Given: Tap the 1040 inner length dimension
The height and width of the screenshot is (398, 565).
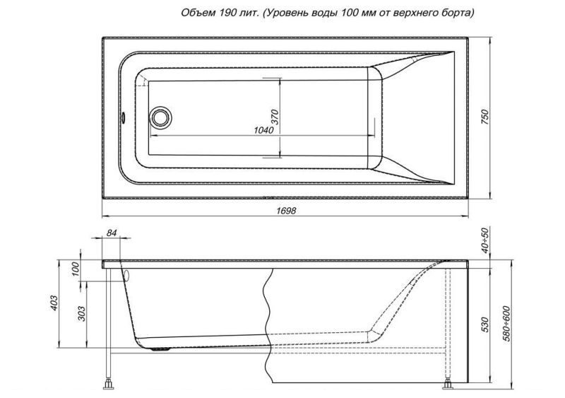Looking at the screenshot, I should (x=264, y=129).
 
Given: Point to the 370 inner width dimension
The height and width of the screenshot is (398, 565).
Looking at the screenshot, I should (x=275, y=117).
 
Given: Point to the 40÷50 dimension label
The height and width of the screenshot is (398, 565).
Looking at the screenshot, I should (x=484, y=242).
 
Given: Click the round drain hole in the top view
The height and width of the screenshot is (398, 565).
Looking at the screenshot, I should (x=161, y=117).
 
